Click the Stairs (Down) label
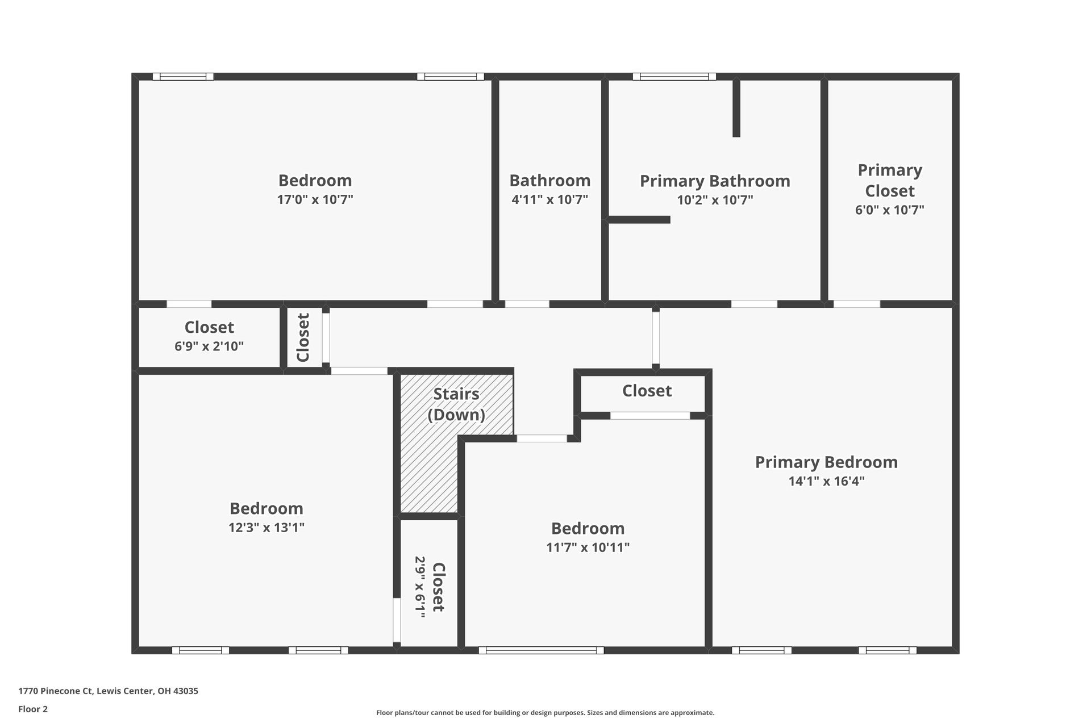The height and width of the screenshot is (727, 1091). point(456,404)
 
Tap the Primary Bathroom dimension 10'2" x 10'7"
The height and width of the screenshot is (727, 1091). point(715,200)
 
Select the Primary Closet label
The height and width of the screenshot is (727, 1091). point(889,180)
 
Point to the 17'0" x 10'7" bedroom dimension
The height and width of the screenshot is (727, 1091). point(315,199)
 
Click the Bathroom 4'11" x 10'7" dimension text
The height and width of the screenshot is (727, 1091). point(549,199)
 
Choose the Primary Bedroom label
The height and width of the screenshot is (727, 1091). point(826,462)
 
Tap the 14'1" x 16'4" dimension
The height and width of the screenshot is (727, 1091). point(826,481)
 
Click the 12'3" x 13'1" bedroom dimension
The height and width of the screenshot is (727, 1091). point(266,527)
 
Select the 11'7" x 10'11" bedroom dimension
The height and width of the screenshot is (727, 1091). point(588,548)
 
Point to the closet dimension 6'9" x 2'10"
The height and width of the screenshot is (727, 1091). point(209,346)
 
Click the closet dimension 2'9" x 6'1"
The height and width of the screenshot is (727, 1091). point(420,587)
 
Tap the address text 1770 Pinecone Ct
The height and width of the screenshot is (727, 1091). point(108,691)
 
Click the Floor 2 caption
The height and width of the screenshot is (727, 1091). point(33,709)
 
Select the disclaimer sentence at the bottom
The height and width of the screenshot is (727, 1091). point(545,713)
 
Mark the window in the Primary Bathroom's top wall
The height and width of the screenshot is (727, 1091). point(674,77)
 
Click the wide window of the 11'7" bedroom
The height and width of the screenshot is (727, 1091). point(541,650)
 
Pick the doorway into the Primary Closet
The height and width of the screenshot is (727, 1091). point(856,304)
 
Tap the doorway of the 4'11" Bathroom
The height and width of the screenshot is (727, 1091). point(527,304)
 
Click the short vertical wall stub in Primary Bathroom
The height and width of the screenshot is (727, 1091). point(736,108)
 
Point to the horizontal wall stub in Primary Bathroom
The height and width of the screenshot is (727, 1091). point(639,220)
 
